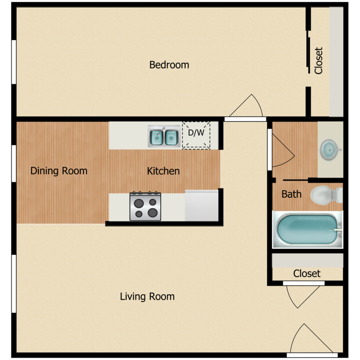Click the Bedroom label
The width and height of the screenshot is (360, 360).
coord(169,65)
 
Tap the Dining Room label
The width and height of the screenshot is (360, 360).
coord(59,171)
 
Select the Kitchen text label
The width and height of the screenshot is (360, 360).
coord(163,171)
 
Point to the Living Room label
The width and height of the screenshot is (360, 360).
coord(147,297)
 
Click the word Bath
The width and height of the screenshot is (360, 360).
coord(291,194)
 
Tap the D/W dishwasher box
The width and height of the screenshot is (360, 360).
coord(196,135)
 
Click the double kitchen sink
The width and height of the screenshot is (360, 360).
coord(164,136)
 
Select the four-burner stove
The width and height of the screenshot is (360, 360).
coord(145,206)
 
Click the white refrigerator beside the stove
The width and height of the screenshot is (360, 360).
coord(202,206)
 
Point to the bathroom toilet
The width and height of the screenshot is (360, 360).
coord(326,195)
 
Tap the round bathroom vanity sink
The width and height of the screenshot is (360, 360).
coord(330,148)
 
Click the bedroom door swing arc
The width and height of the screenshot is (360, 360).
coord(247,107)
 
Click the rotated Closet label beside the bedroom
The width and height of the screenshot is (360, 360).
coord(319,60)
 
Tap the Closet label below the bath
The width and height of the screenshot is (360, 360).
coord(307,274)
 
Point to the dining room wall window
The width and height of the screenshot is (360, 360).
coord(14,163)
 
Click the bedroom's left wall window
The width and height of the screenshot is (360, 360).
coord(14,62)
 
